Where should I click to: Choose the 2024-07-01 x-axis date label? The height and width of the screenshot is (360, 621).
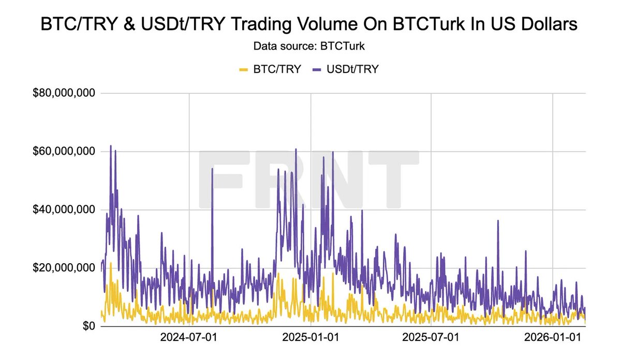tap(189, 339)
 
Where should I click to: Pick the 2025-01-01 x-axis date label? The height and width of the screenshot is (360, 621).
tap(311, 339)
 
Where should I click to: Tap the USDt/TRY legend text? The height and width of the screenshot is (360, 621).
tap(352, 69)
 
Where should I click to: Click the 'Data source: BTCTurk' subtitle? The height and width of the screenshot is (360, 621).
tap(310, 47)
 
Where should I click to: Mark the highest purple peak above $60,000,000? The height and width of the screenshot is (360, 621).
tap(110, 146)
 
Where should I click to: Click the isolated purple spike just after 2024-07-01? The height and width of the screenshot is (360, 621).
tap(212, 169)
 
